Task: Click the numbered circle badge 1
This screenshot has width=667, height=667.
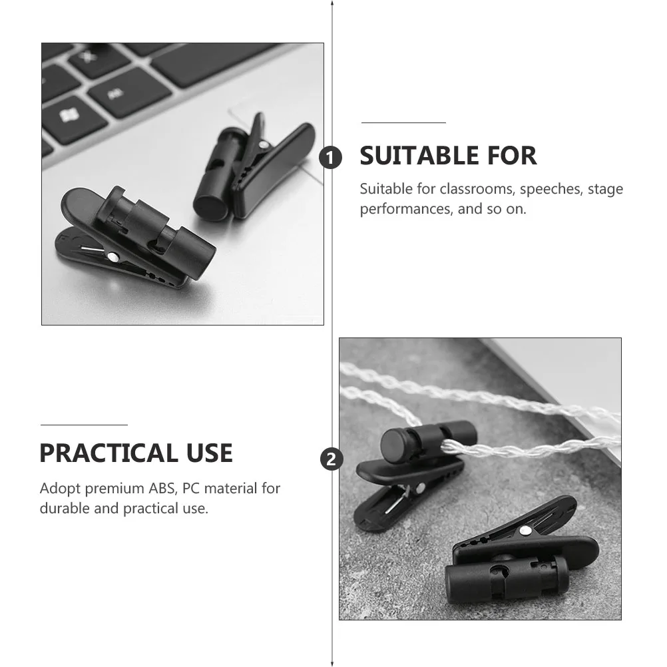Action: [x=331, y=158]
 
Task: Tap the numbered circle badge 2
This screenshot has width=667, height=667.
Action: [x=332, y=459]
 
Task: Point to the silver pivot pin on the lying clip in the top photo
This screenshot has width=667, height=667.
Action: [x=114, y=256]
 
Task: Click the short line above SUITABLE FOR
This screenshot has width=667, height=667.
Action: [x=403, y=123]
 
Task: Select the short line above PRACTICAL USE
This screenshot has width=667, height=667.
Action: [x=84, y=424]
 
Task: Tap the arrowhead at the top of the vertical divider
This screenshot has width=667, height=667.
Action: [x=332, y=3]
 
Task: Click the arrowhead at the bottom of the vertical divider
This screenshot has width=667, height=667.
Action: [x=332, y=663]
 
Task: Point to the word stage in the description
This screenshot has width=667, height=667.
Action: [x=605, y=189]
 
